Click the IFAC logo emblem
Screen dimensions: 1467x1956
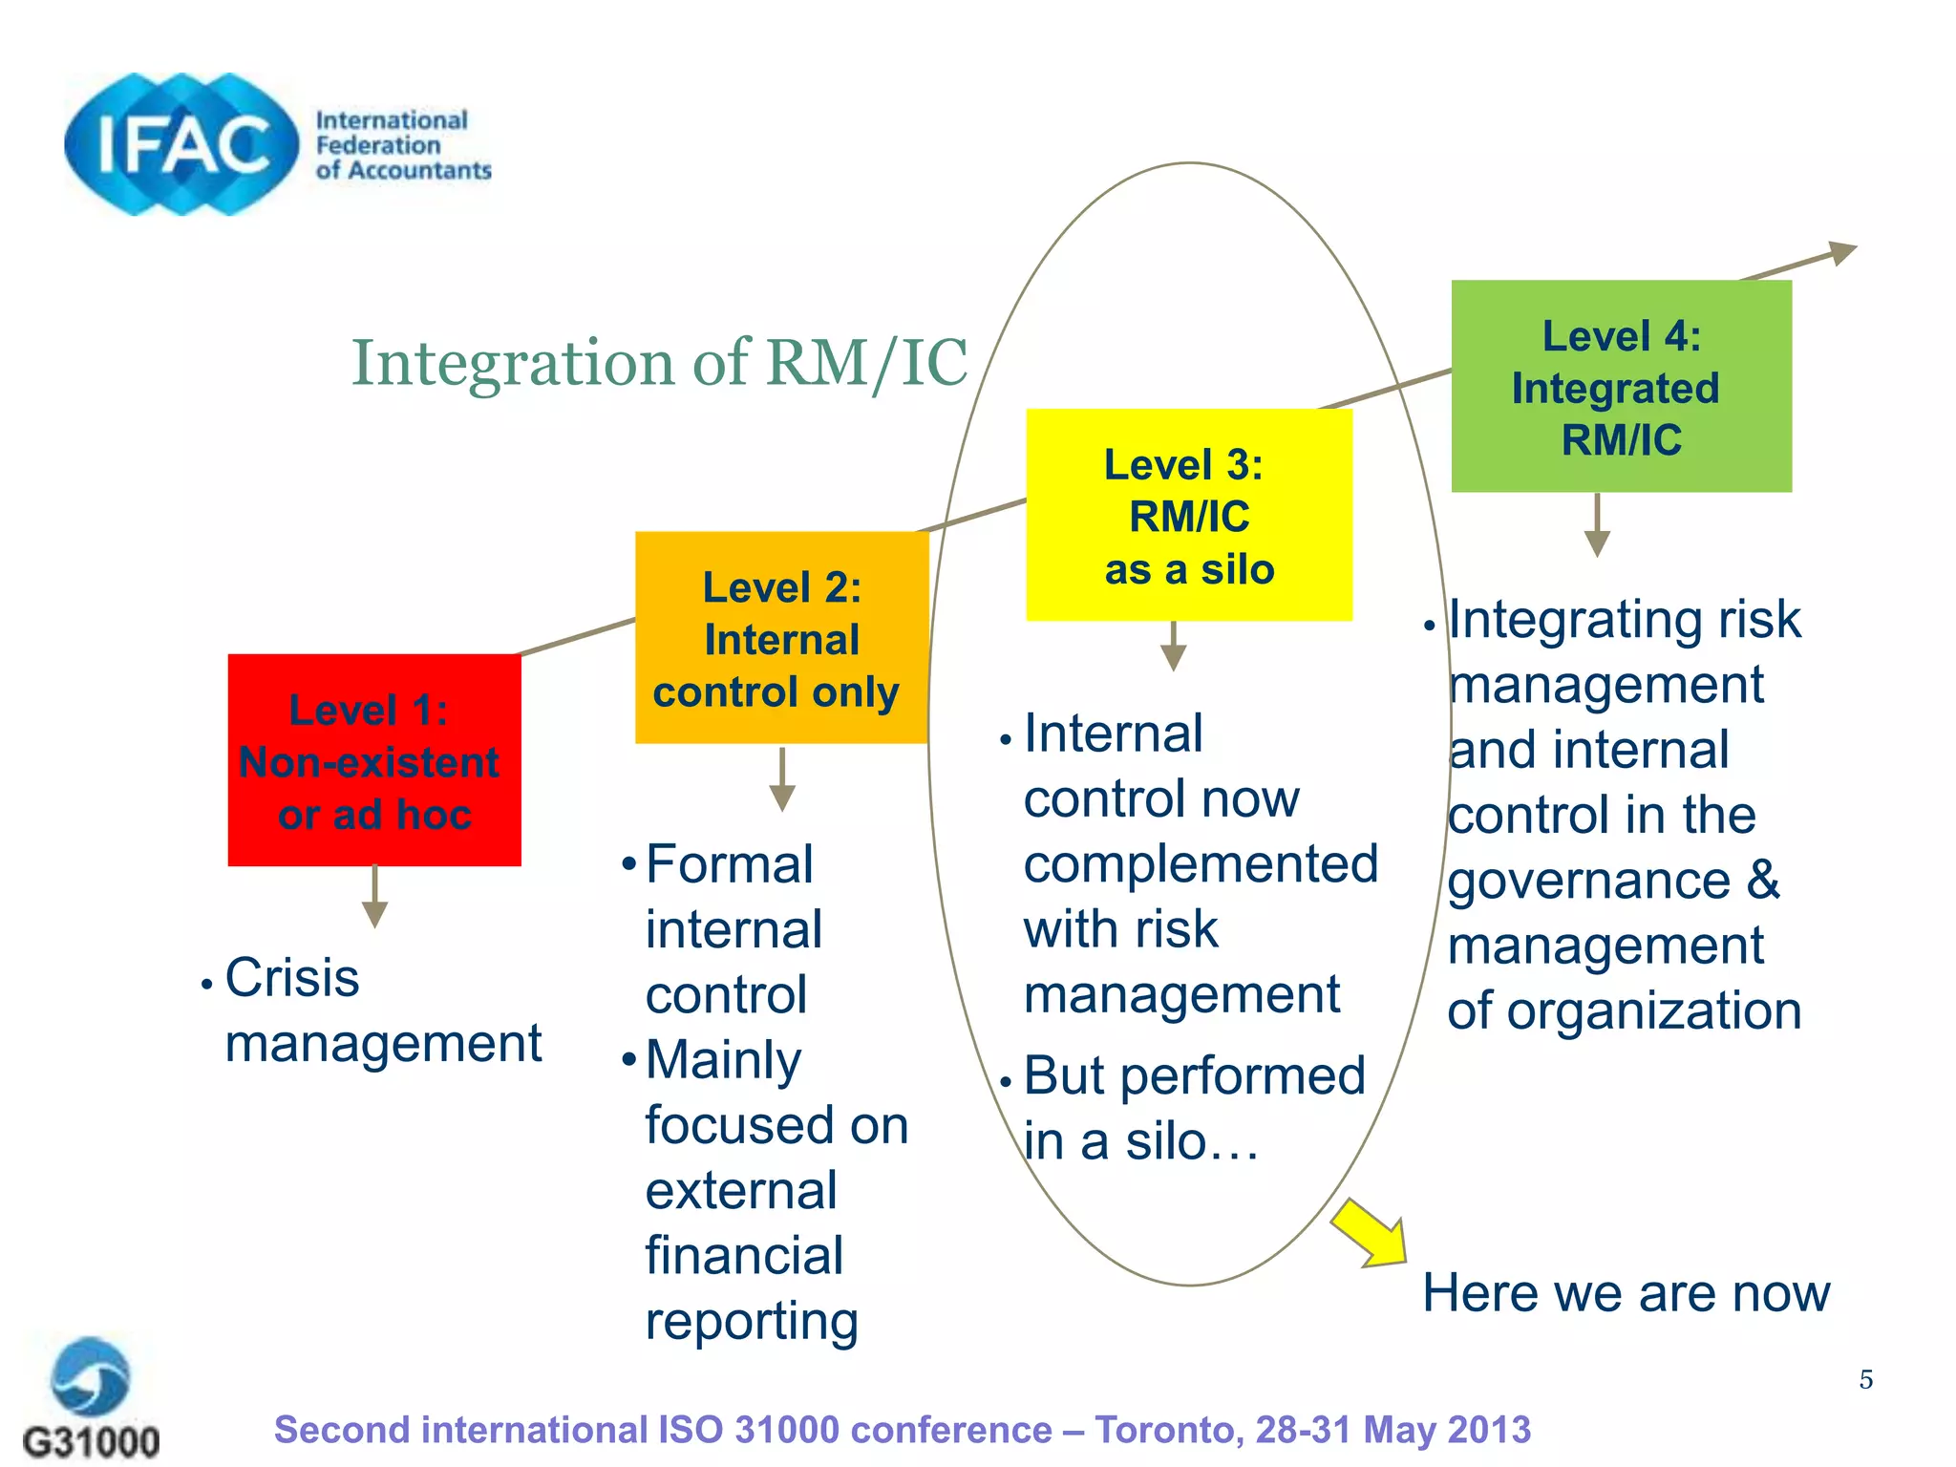click(x=181, y=144)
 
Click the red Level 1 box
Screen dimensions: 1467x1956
click(x=374, y=760)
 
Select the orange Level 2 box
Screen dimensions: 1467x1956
click(x=781, y=638)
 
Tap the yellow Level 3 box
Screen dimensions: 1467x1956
click(x=1189, y=516)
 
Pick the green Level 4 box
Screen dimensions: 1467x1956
click(x=1621, y=387)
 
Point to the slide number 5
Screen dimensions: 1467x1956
click(x=1865, y=1379)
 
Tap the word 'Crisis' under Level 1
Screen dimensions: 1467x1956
click(x=292, y=978)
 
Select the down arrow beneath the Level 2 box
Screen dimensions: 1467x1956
click(x=782, y=779)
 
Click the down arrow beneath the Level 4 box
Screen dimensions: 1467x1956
click(x=1597, y=525)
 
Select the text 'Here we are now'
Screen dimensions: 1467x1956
click(x=1626, y=1293)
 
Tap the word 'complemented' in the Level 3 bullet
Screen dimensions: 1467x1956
click(x=1201, y=864)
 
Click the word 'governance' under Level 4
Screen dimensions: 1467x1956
click(x=1588, y=881)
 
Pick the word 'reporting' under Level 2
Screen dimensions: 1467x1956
click(x=752, y=1323)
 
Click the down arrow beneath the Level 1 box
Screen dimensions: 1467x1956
click(x=374, y=898)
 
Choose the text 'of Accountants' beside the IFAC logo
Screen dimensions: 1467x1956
click(x=403, y=171)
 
